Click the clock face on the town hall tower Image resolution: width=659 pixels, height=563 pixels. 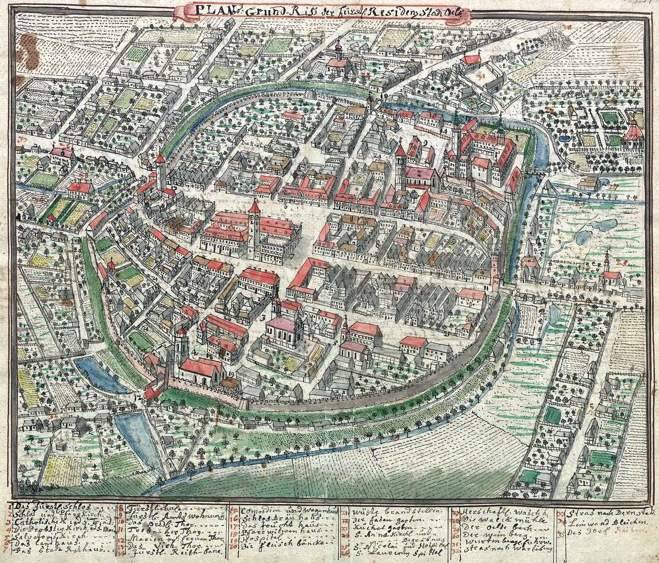point(254,218)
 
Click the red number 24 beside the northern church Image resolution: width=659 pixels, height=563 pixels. point(366,75)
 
